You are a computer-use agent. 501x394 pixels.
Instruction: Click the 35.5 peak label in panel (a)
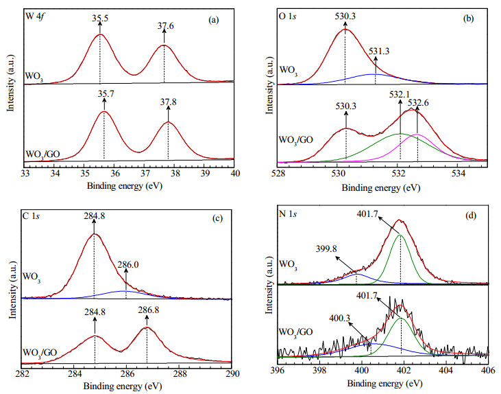click(x=100, y=18)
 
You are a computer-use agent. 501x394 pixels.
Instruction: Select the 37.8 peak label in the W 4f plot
click(x=168, y=102)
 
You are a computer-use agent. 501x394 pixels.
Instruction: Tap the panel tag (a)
click(x=213, y=20)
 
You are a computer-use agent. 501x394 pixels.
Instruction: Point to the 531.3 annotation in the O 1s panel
click(x=379, y=51)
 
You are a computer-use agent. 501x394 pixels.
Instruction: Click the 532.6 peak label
click(x=418, y=103)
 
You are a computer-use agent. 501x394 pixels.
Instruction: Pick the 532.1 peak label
click(x=400, y=95)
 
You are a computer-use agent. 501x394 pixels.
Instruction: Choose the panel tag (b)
click(x=468, y=19)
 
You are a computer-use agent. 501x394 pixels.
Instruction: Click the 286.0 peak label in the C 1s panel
click(x=127, y=264)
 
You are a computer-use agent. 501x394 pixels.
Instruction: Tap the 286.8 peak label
click(x=149, y=310)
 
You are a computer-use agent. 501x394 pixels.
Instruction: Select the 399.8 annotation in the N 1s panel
click(x=326, y=248)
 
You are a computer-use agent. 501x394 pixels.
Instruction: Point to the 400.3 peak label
click(x=340, y=318)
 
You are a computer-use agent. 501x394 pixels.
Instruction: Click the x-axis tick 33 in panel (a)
click(x=25, y=173)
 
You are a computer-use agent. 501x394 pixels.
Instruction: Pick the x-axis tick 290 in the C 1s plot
click(x=232, y=373)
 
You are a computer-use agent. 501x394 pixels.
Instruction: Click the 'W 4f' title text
click(x=35, y=16)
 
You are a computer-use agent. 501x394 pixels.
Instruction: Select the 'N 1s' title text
click(x=288, y=214)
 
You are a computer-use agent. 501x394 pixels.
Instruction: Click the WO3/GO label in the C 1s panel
click(x=40, y=353)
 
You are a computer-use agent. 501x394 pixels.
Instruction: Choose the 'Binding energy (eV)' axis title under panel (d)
click(x=384, y=383)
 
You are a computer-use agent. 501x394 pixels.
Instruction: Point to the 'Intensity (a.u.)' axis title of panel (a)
click(x=11, y=85)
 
